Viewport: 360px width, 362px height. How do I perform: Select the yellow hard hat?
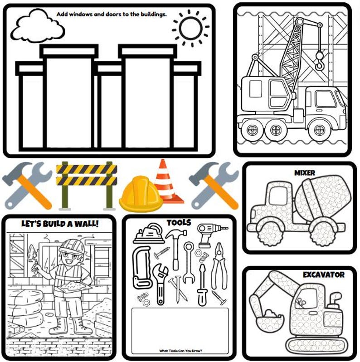coord(141,195)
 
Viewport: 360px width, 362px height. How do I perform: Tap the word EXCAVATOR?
coord(323,274)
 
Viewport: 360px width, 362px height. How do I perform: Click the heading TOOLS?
coord(179,223)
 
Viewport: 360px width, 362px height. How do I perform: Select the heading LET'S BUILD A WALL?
coord(60,223)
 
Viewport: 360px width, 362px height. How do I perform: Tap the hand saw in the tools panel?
coord(141,268)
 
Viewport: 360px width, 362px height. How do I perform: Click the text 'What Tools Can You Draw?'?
coord(180,350)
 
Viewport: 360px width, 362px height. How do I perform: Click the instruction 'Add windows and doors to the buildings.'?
coord(112,14)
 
